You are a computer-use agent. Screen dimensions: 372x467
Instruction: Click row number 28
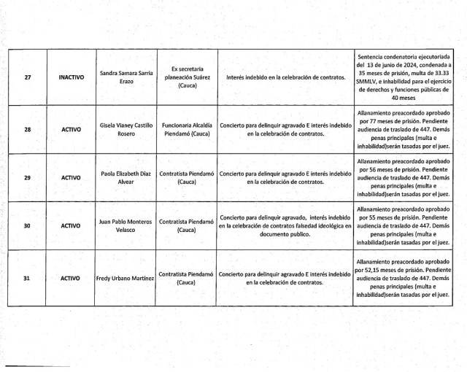pyautogui.click(x=27, y=129)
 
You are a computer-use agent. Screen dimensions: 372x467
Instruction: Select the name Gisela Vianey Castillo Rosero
pyautogui.click(x=126, y=129)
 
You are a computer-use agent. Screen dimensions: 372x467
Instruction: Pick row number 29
pyautogui.click(x=27, y=177)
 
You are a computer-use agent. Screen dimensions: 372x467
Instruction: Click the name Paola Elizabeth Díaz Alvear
pyautogui.click(x=126, y=177)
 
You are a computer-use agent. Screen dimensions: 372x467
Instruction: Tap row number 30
pyautogui.click(x=27, y=226)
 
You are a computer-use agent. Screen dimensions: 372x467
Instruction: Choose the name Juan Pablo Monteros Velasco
pyautogui.click(x=126, y=226)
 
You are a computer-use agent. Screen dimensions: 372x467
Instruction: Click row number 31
pyautogui.click(x=27, y=278)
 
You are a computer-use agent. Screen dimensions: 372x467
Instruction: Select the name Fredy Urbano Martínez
pyautogui.click(x=126, y=278)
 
